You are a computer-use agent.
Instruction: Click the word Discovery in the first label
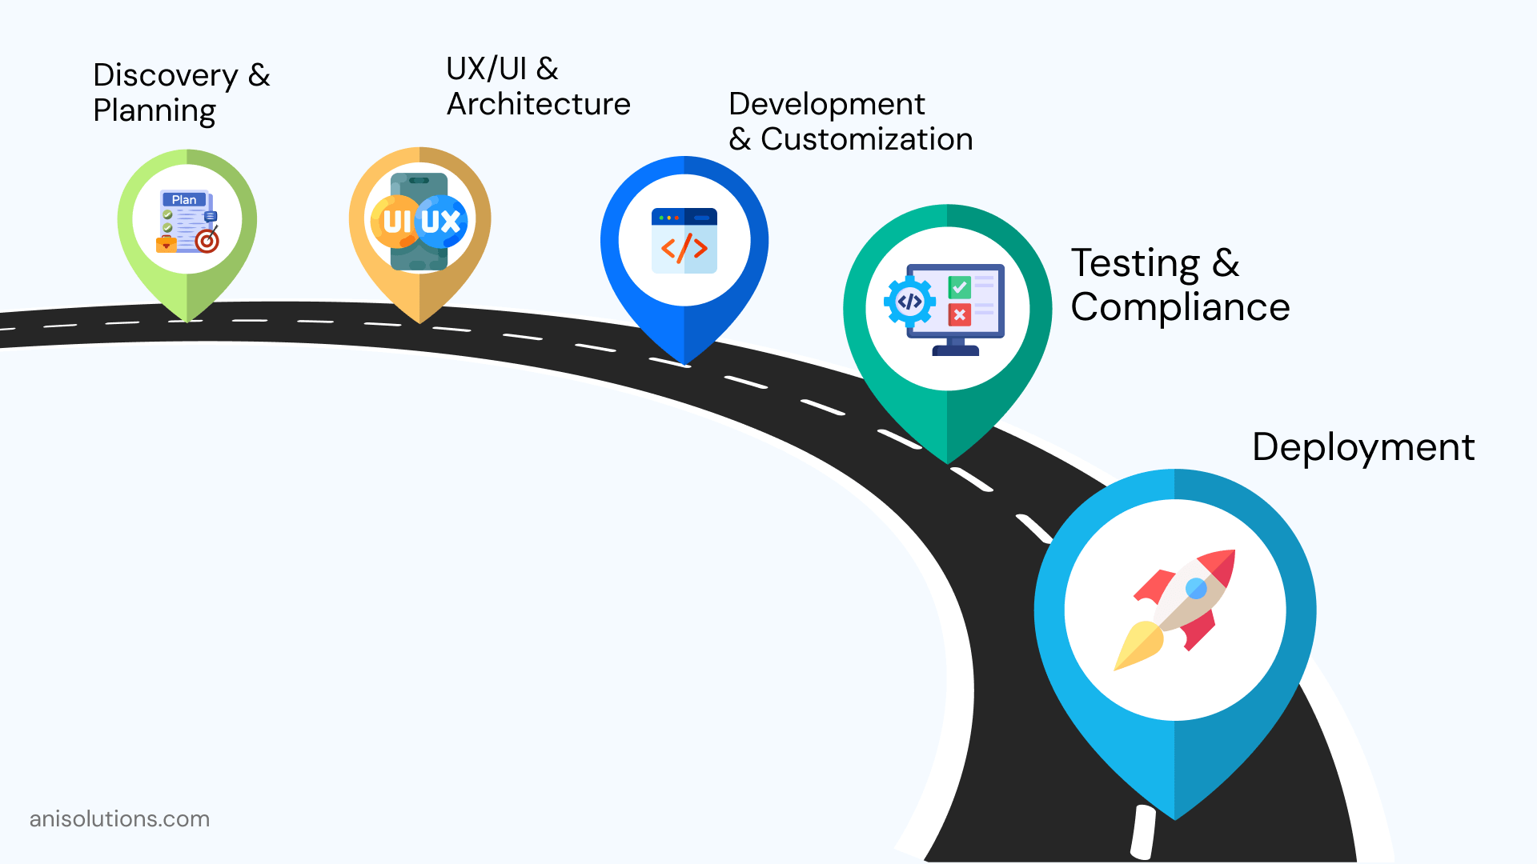pyautogui.click(x=166, y=75)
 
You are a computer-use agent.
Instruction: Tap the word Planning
pyautogui.click(x=155, y=110)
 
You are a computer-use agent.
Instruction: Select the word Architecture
pyautogui.click(x=538, y=104)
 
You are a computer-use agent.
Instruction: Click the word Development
pyautogui.click(x=826, y=104)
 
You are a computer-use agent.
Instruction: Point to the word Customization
pyautogui.click(x=866, y=139)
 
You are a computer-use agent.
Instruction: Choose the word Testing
pyautogui.click(x=1135, y=263)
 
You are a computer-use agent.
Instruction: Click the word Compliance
pyautogui.click(x=1180, y=307)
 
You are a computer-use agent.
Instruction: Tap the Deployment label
pyautogui.click(x=1362, y=446)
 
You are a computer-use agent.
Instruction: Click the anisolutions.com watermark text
pyautogui.click(x=119, y=819)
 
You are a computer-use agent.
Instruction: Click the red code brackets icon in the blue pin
pyautogui.click(x=684, y=248)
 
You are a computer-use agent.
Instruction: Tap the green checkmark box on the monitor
pyautogui.click(x=959, y=286)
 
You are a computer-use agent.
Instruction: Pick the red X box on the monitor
pyautogui.click(x=959, y=314)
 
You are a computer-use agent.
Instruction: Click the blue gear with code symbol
pyautogui.click(x=909, y=302)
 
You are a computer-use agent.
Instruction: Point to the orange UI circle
pyautogui.click(x=395, y=221)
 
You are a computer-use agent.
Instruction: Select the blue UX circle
pyautogui.click(x=441, y=221)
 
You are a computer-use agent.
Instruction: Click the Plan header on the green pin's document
pyautogui.click(x=184, y=200)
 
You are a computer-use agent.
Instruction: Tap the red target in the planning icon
pyautogui.click(x=207, y=240)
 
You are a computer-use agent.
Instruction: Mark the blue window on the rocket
pyautogui.click(x=1196, y=589)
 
